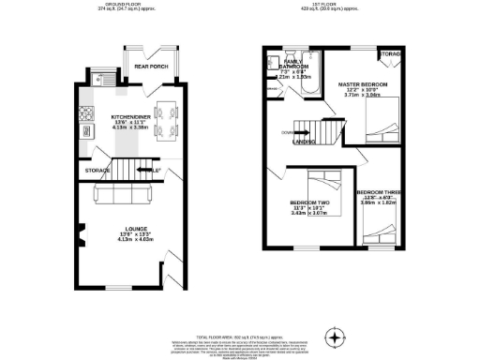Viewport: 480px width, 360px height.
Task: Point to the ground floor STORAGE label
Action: (97, 171)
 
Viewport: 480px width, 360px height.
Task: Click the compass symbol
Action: (333, 337)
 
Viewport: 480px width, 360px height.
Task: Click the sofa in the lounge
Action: (125, 196)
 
